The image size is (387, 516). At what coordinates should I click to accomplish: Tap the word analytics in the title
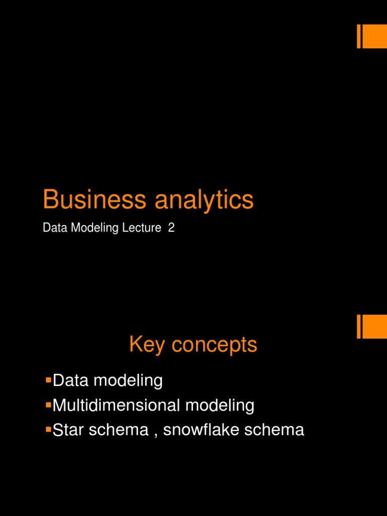click(204, 200)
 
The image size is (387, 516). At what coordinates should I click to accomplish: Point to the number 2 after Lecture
click(171, 228)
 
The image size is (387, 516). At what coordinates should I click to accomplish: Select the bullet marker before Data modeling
click(48, 378)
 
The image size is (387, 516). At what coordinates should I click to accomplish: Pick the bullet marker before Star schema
click(48, 428)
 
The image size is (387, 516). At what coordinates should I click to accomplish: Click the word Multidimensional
click(116, 405)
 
